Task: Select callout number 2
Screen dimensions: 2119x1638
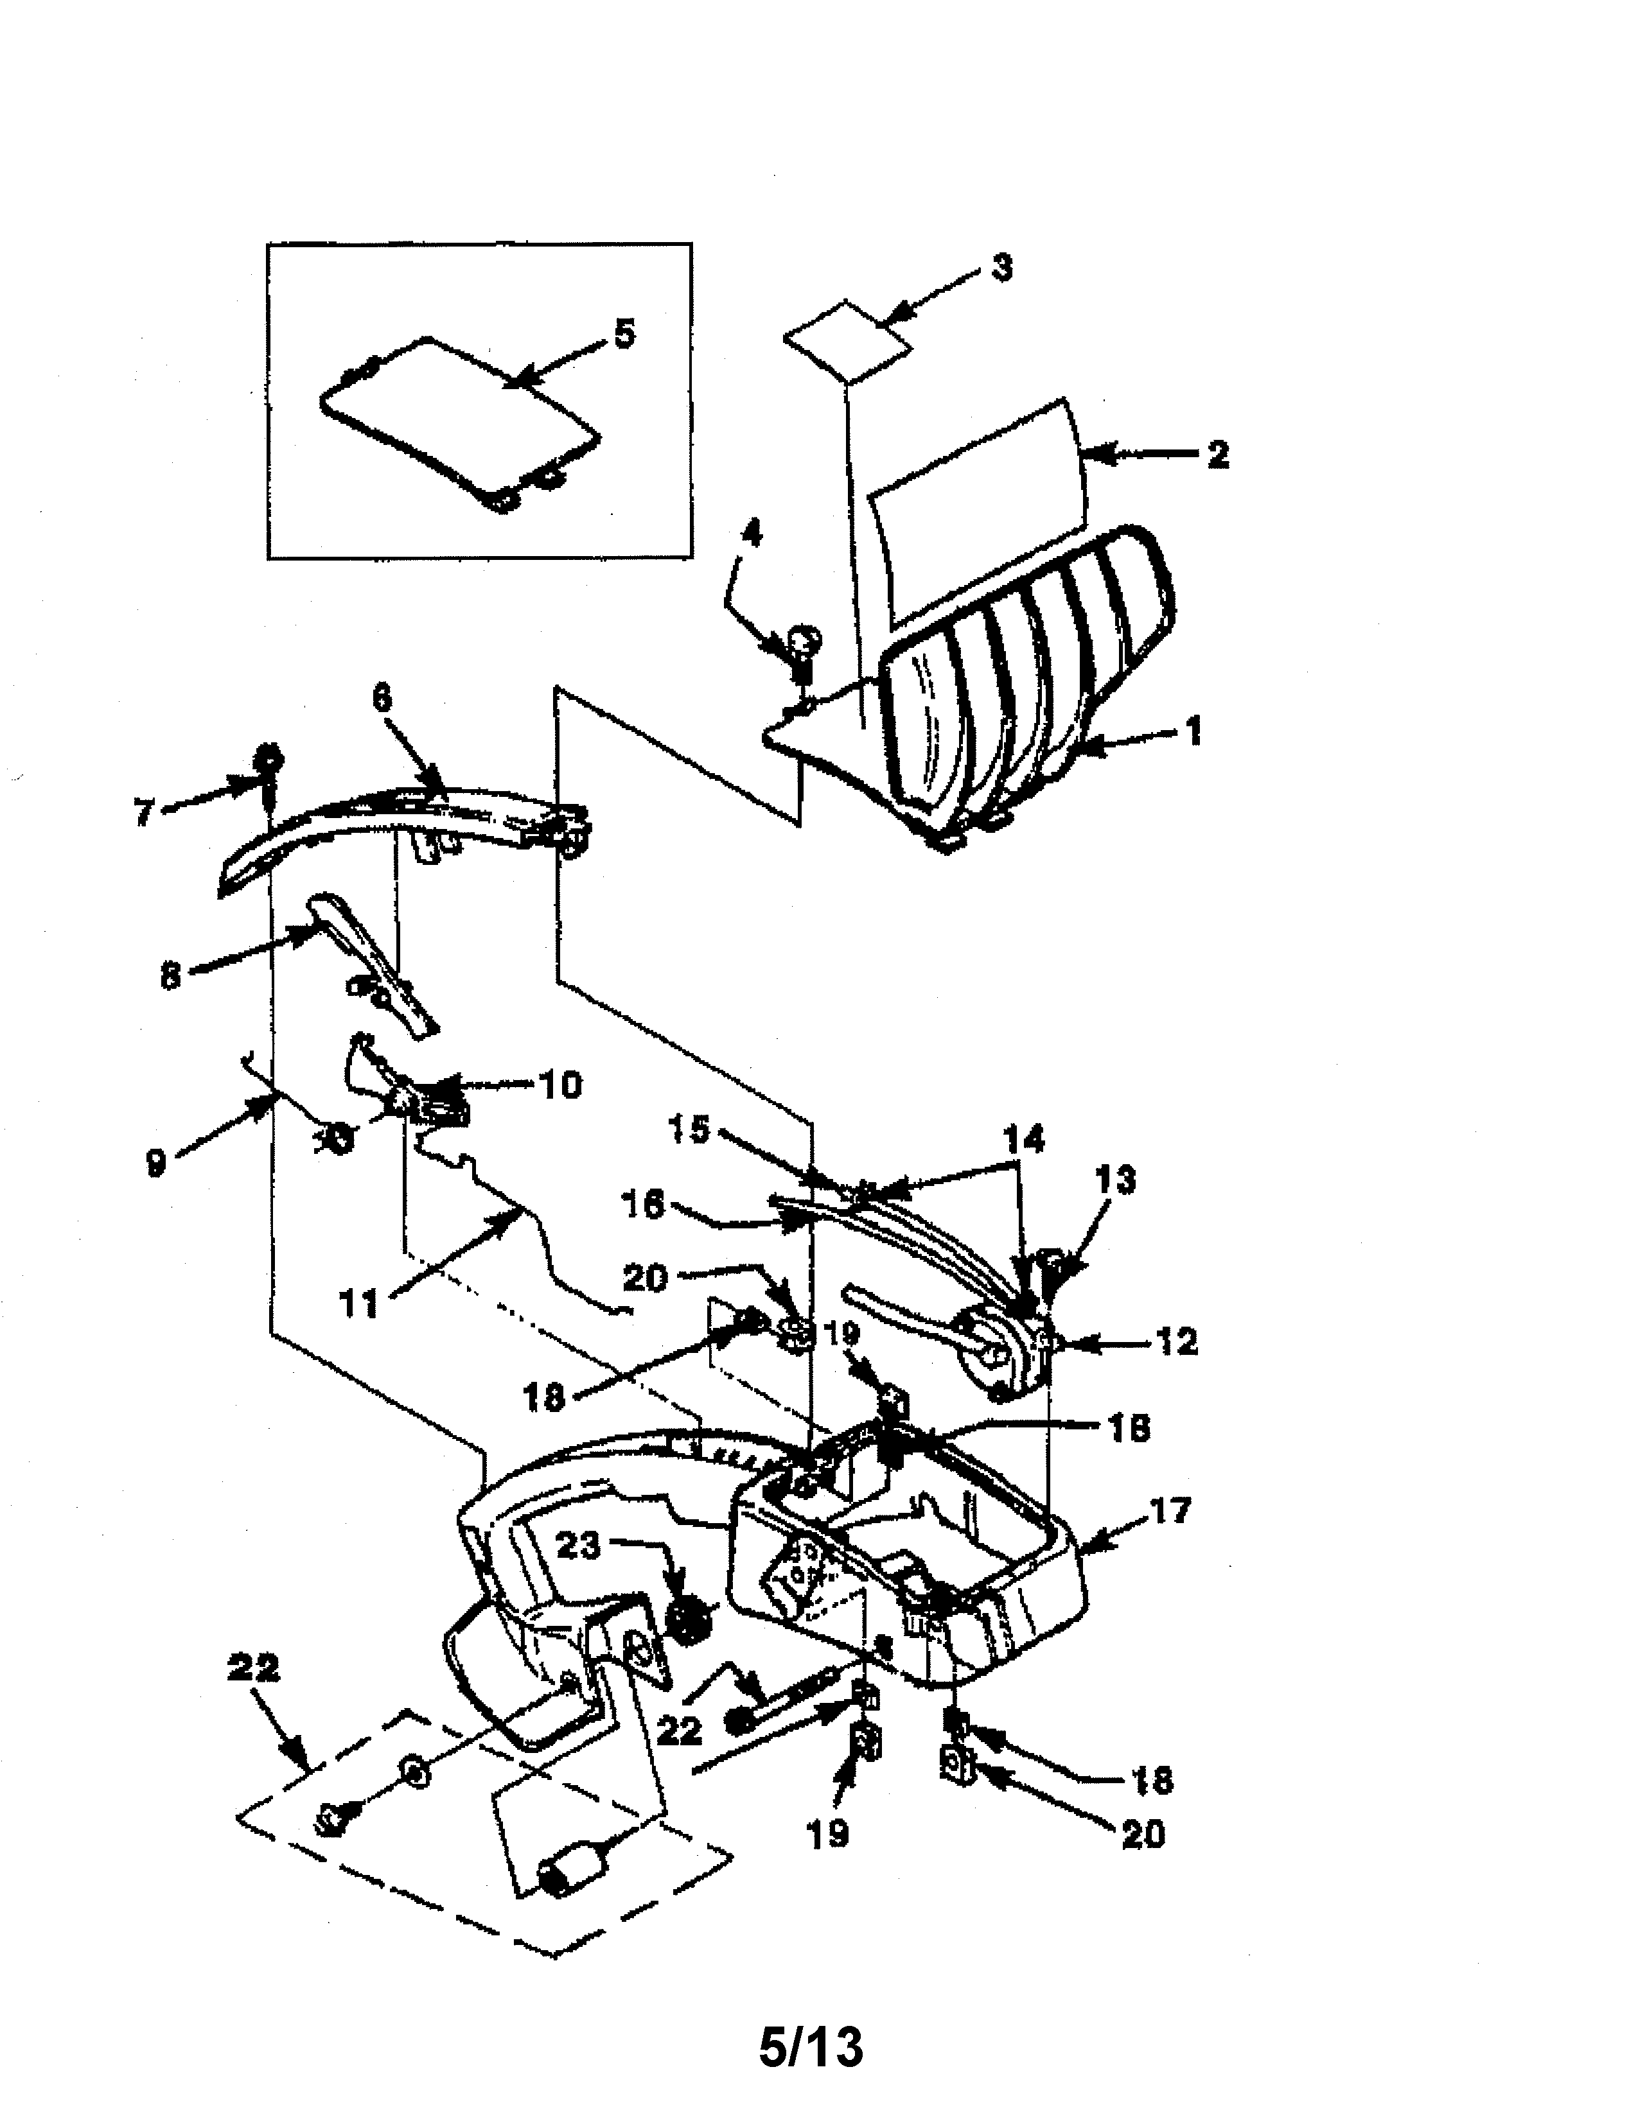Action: (1218, 454)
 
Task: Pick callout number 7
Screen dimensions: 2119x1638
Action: (144, 813)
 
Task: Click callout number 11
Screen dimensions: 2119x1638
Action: (358, 1303)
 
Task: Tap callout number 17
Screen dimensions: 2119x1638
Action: (1168, 1511)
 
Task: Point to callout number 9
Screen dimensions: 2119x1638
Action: (155, 1162)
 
